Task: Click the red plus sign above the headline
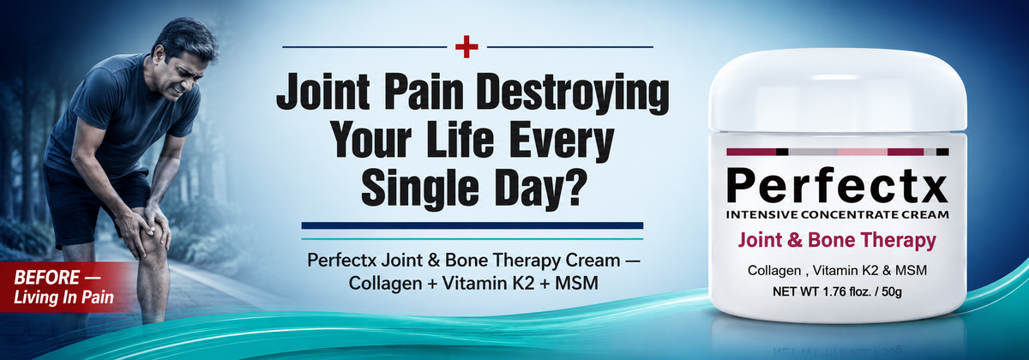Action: pos(466,47)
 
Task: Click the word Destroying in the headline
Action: pos(573,93)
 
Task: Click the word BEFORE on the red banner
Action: pos(47,278)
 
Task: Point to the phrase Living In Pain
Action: pos(63,297)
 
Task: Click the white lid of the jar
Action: pos(838,90)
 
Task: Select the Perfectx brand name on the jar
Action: pos(837,186)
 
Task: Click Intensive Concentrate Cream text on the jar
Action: pos(838,214)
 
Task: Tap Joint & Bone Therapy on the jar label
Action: pos(837,241)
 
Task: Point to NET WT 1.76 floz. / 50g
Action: pos(837,291)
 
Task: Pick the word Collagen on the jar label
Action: pos(774,271)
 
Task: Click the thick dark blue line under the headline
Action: pos(472,225)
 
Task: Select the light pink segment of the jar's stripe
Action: pos(863,152)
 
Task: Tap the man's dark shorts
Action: pos(92,202)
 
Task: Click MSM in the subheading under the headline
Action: pos(576,284)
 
